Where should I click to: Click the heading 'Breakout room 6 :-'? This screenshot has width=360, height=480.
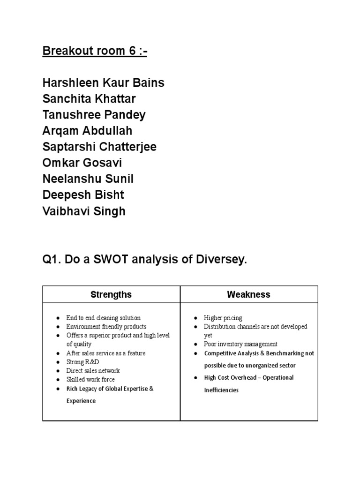pos(95,51)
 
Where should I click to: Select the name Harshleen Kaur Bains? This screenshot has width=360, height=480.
pos(103,83)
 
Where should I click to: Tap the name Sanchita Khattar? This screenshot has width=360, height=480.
pos(90,99)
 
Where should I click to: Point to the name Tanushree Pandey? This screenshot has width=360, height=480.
pos(94,115)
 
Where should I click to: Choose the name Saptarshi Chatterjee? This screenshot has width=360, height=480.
pos(99,147)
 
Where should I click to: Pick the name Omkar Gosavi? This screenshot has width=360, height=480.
pos(82,163)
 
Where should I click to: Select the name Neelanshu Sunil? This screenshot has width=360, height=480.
pos(88,179)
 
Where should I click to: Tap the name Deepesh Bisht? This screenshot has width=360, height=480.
pos(83,195)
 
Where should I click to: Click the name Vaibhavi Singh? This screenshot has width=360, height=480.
pos(84,211)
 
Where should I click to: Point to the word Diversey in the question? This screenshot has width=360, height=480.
pos(221,259)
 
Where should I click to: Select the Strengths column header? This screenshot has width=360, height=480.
pos(111,295)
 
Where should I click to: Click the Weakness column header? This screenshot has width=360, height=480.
pos(248,295)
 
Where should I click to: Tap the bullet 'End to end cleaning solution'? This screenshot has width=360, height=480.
pos(103,318)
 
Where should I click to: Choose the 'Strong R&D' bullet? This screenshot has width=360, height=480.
pos(83,362)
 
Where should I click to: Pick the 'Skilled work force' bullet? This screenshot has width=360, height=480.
pos(90,379)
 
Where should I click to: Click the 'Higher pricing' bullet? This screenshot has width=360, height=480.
pos(223,318)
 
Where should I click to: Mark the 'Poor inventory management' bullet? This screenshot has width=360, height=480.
pos(240,344)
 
